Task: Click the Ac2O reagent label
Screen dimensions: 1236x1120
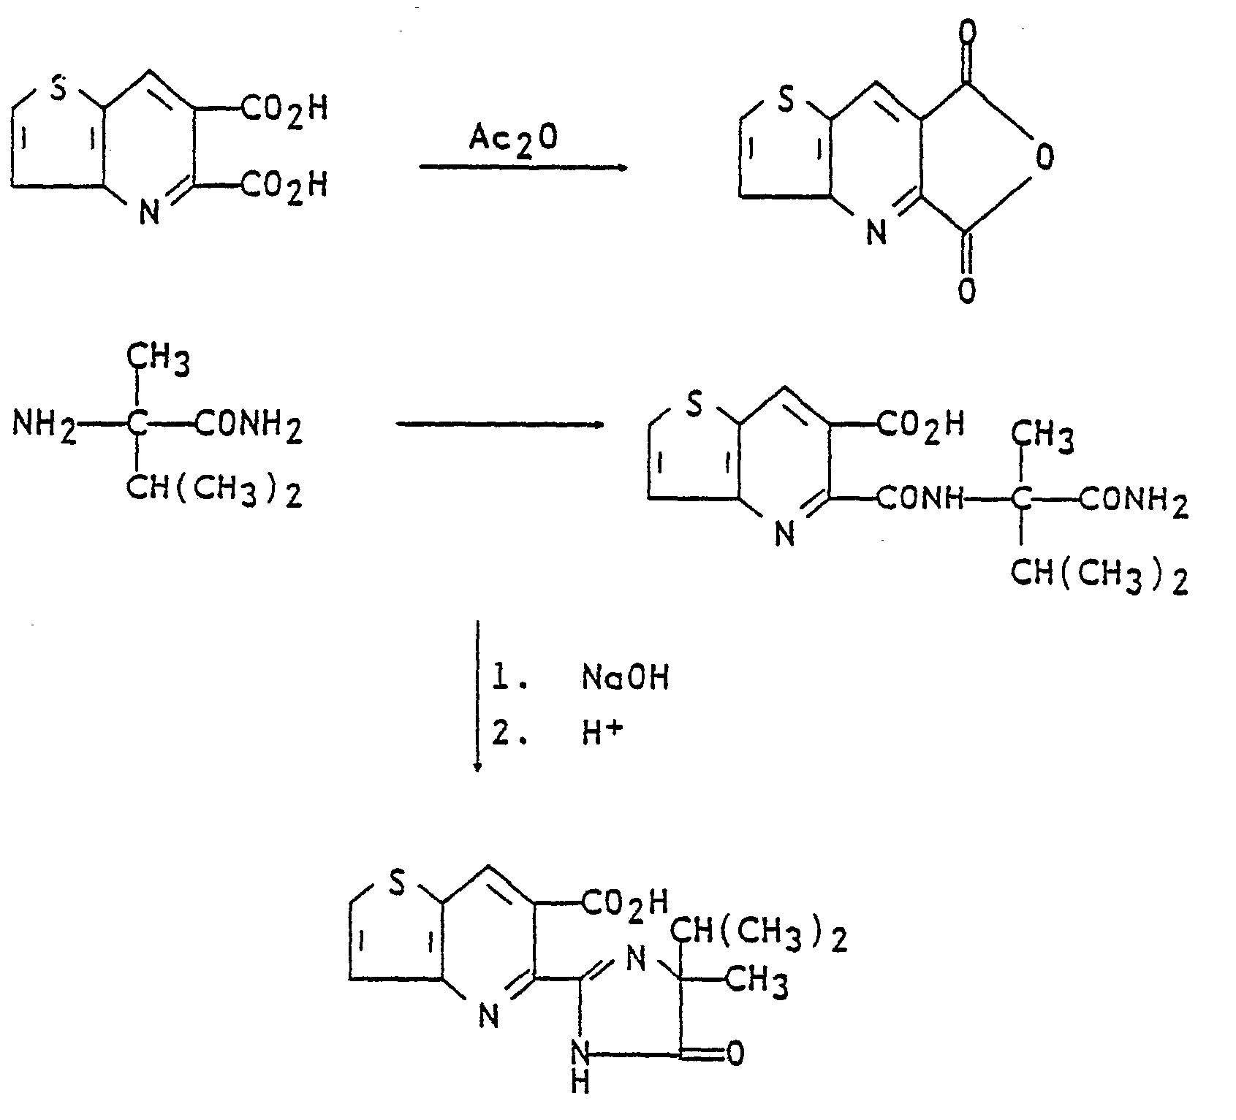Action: [x=513, y=136]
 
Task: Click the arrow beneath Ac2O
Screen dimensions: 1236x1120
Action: [x=523, y=168]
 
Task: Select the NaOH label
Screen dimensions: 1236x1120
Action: [x=625, y=679]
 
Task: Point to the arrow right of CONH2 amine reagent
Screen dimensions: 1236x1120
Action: [x=500, y=424]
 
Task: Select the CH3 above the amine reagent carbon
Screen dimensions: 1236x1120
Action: [x=159, y=360]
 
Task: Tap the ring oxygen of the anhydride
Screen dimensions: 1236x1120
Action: [x=1046, y=158]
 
